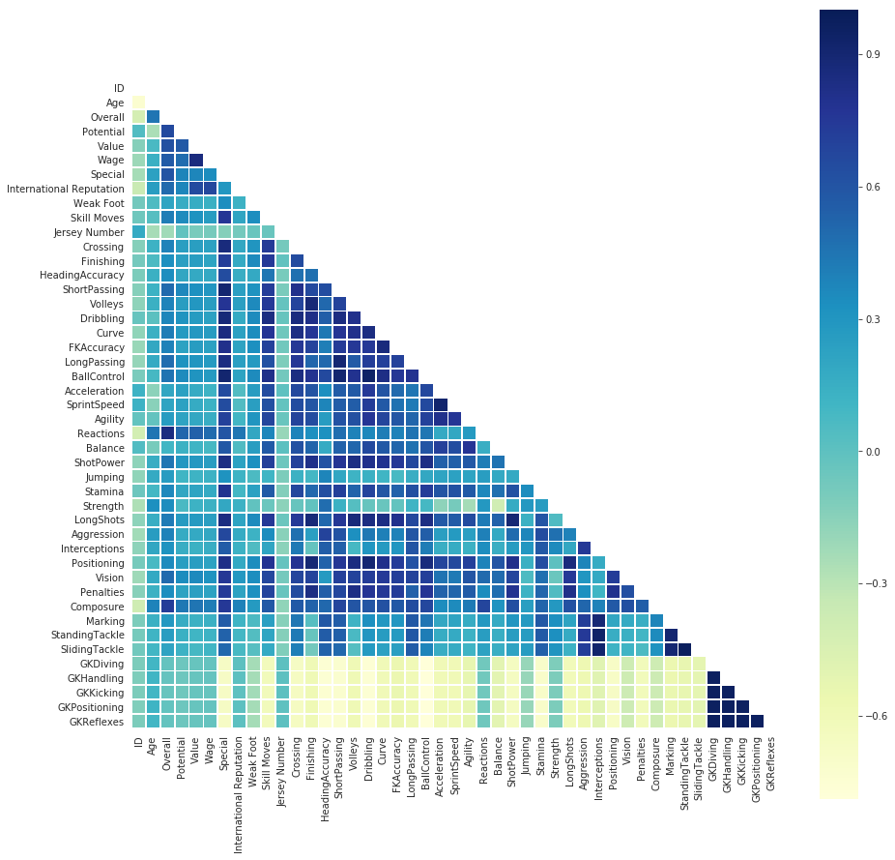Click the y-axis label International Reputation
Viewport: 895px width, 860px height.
pyautogui.click(x=66, y=189)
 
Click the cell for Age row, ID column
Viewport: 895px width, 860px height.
pyautogui.click(x=138, y=102)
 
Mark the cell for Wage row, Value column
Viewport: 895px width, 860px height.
pyautogui.click(x=196, y=160)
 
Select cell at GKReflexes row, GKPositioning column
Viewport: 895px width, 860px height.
pyautogui.click(x=757, y=721)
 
